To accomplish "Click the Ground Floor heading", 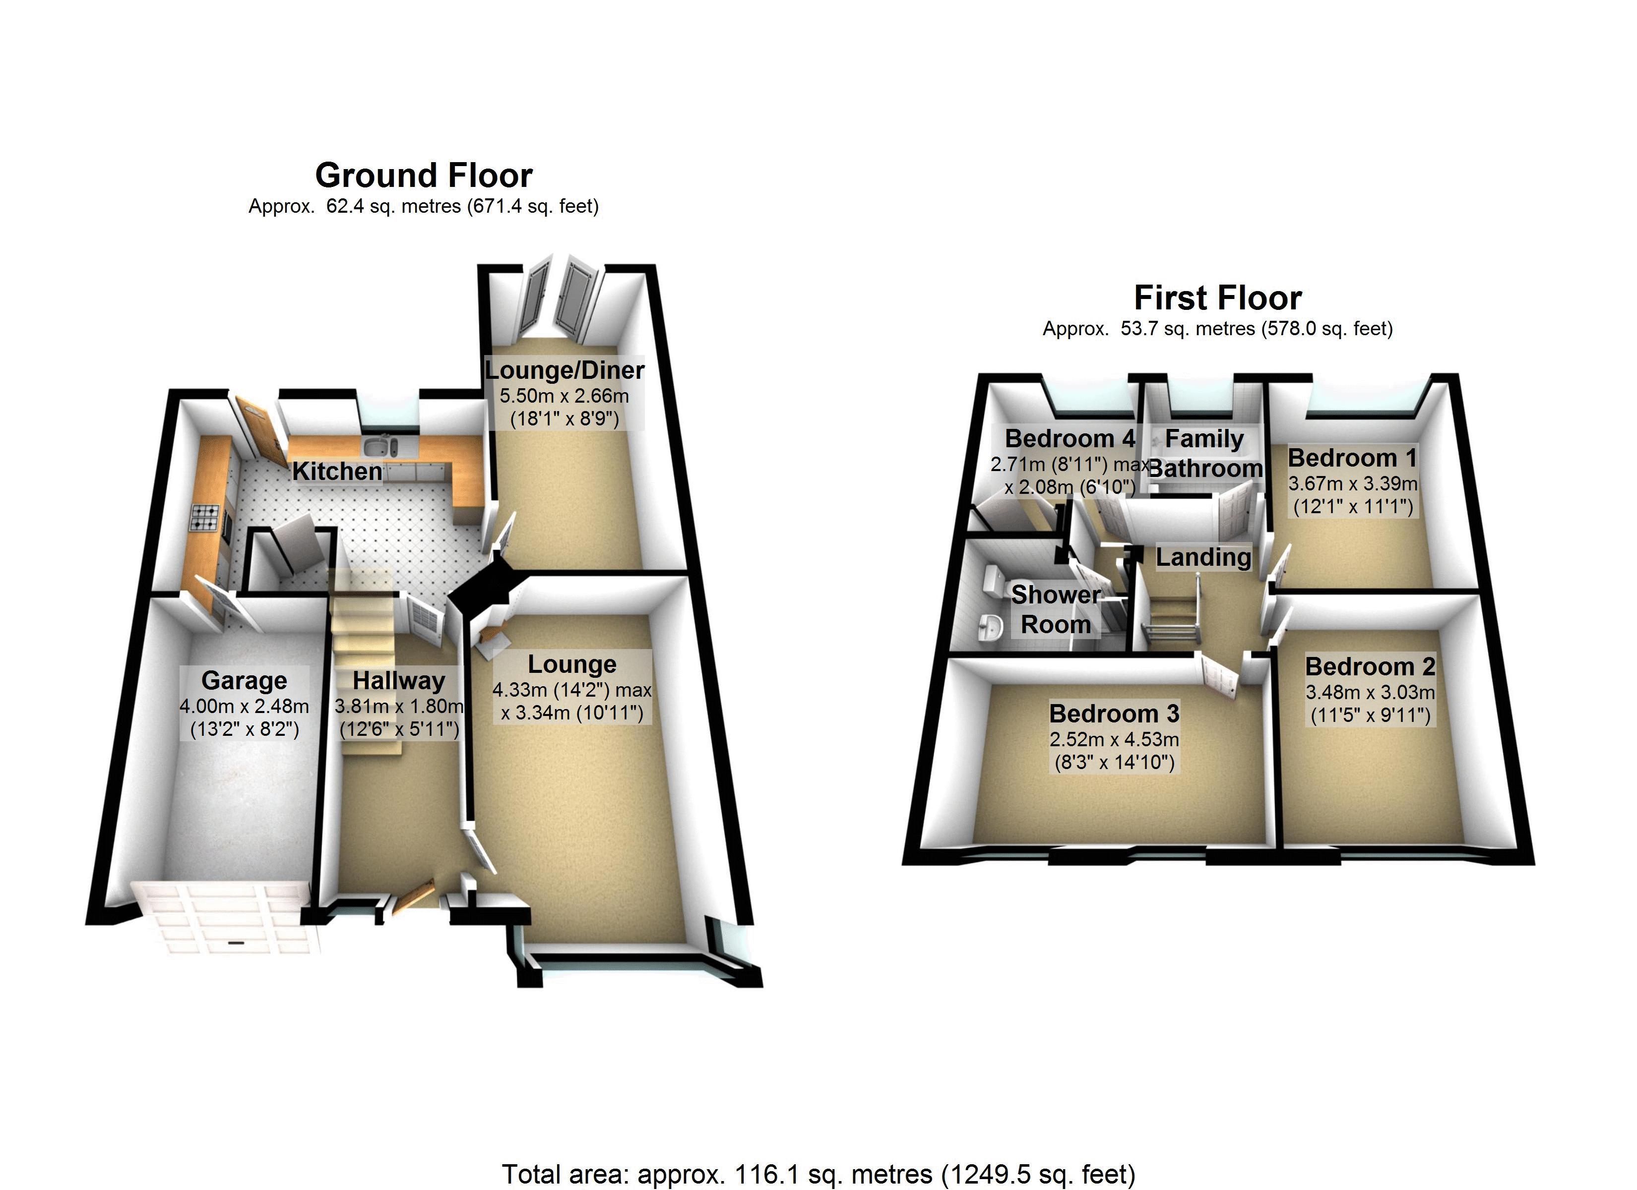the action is pyautogui.click(x=424, y=176).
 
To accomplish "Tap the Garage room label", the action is pyautogui.click(x=244, y=680).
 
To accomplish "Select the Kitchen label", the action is pyautogui.click(x=337, y=471).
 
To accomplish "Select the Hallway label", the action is pyautogui.click(x=398, y=680).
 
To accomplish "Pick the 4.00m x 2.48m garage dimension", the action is pyautogui.click(x=244, y=707).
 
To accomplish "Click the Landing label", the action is pyautogui.click(x=1203, y=557).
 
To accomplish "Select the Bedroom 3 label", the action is pyautogui.click(x=1114, y=713).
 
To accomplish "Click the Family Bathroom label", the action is pyautogui.click(x=1204, y=453).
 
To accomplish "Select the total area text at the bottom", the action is pyautogui.click(x=818, y=1174).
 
